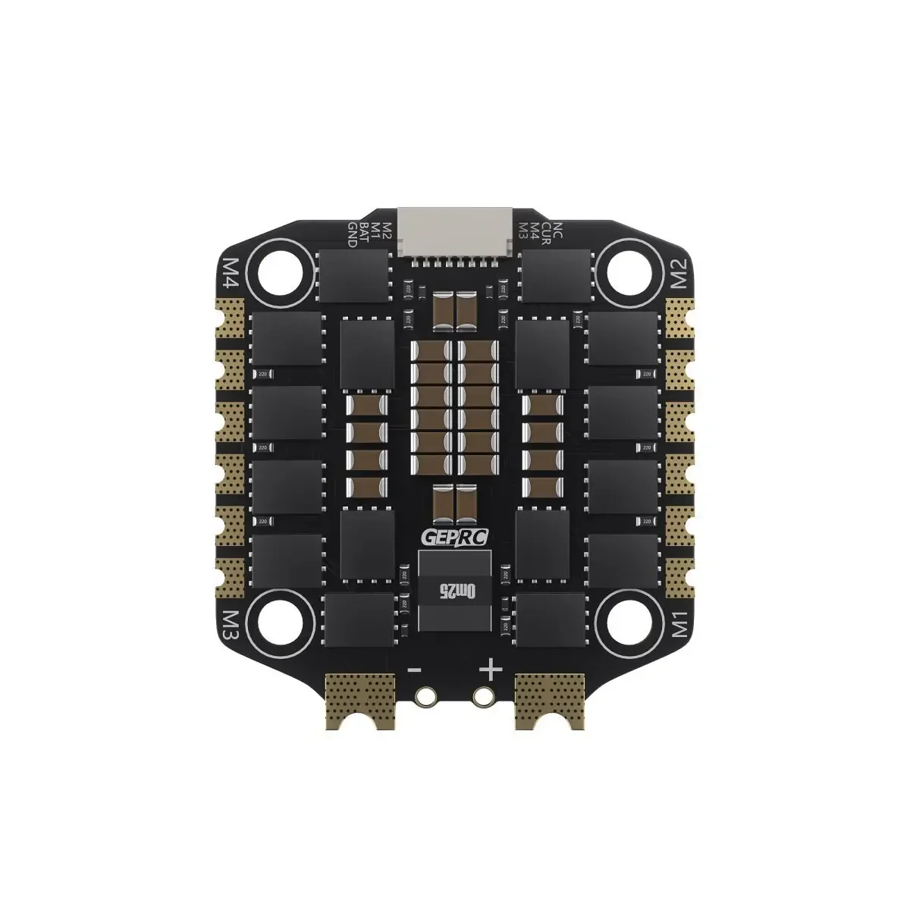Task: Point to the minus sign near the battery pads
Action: [x=415, y=670]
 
